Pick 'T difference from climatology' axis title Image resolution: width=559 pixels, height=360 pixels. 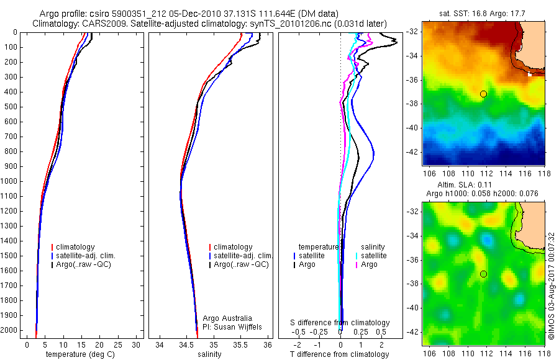tap(340, 354)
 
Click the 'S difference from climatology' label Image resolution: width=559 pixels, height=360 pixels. tap(340, 323)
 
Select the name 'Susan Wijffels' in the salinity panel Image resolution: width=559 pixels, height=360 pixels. tap(239, 326)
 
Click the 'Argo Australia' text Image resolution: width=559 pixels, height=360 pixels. tap(228, 318)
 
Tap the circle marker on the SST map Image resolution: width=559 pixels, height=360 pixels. tap(483, 94)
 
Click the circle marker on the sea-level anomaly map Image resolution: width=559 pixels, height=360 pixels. tap(483, 274)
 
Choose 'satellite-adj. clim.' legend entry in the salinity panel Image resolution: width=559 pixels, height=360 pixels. tap(243, 256)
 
